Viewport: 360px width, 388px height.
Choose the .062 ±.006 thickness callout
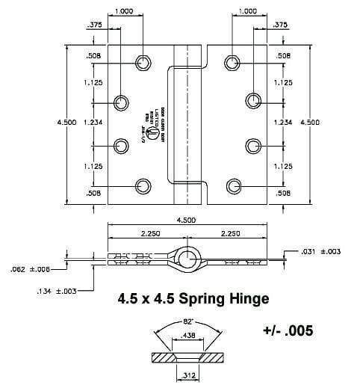click(31, 268)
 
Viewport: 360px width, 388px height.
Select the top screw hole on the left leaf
click(143, 61)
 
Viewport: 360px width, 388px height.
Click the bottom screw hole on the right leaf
click(235, 184)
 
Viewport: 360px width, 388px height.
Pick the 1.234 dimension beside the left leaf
click(93, 123)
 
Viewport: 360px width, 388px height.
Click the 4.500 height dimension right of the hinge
click(311, 123)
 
